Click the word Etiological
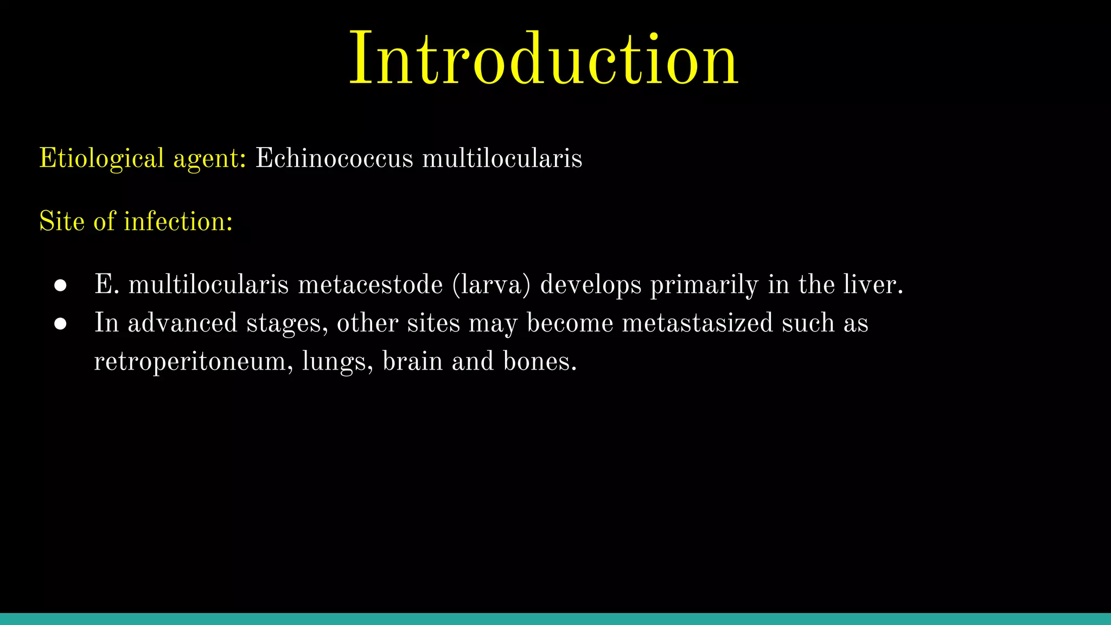[x=101, y=158]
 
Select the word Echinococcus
[x=334, y=158]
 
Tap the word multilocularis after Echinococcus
[x=502, y=158]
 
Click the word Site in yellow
[x=62, y=221]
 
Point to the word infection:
[x=178, y=221]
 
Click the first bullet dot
[x=60, y=285]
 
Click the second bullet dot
[x=60, y=324]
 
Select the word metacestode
[x=370, y=285]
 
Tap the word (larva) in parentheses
[x=491, y=285]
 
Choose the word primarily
[x=704, y=285]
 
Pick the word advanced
[x=182, y=323]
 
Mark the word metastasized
[x=697, y=323]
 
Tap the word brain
[x=412, y=361]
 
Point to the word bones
[x=539, y=361]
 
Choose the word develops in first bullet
[x=590, y=285]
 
